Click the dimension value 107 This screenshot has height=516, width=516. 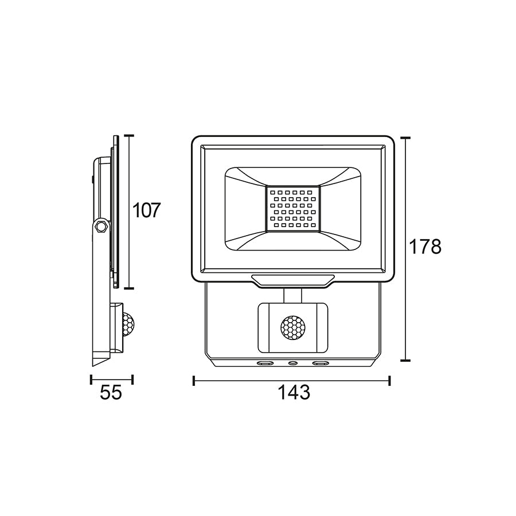[x=145, y=210]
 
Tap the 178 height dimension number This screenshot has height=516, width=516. [x=425, y=247]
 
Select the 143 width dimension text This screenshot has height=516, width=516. [x=294, y=393]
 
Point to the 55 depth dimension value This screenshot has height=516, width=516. [x=111, y=393]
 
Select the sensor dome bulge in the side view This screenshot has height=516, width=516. [x=129, y=325]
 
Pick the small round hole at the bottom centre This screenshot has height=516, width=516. [x=294, y=363]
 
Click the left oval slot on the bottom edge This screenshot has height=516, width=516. [x=265, y=363]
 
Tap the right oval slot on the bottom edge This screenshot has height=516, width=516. [x=320, y=363]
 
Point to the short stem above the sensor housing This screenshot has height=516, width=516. [x=292, y=295]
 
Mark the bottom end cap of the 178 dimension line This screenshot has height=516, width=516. [x=405, y=361]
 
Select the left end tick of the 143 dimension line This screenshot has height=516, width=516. [x=194, y=380]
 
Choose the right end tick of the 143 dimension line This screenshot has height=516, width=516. [x=390, y=380]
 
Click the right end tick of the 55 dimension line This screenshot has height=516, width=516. [x=132, y=380]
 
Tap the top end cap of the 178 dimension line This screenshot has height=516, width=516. [x=405, y=138]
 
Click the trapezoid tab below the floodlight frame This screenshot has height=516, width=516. [x=292, y=279]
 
